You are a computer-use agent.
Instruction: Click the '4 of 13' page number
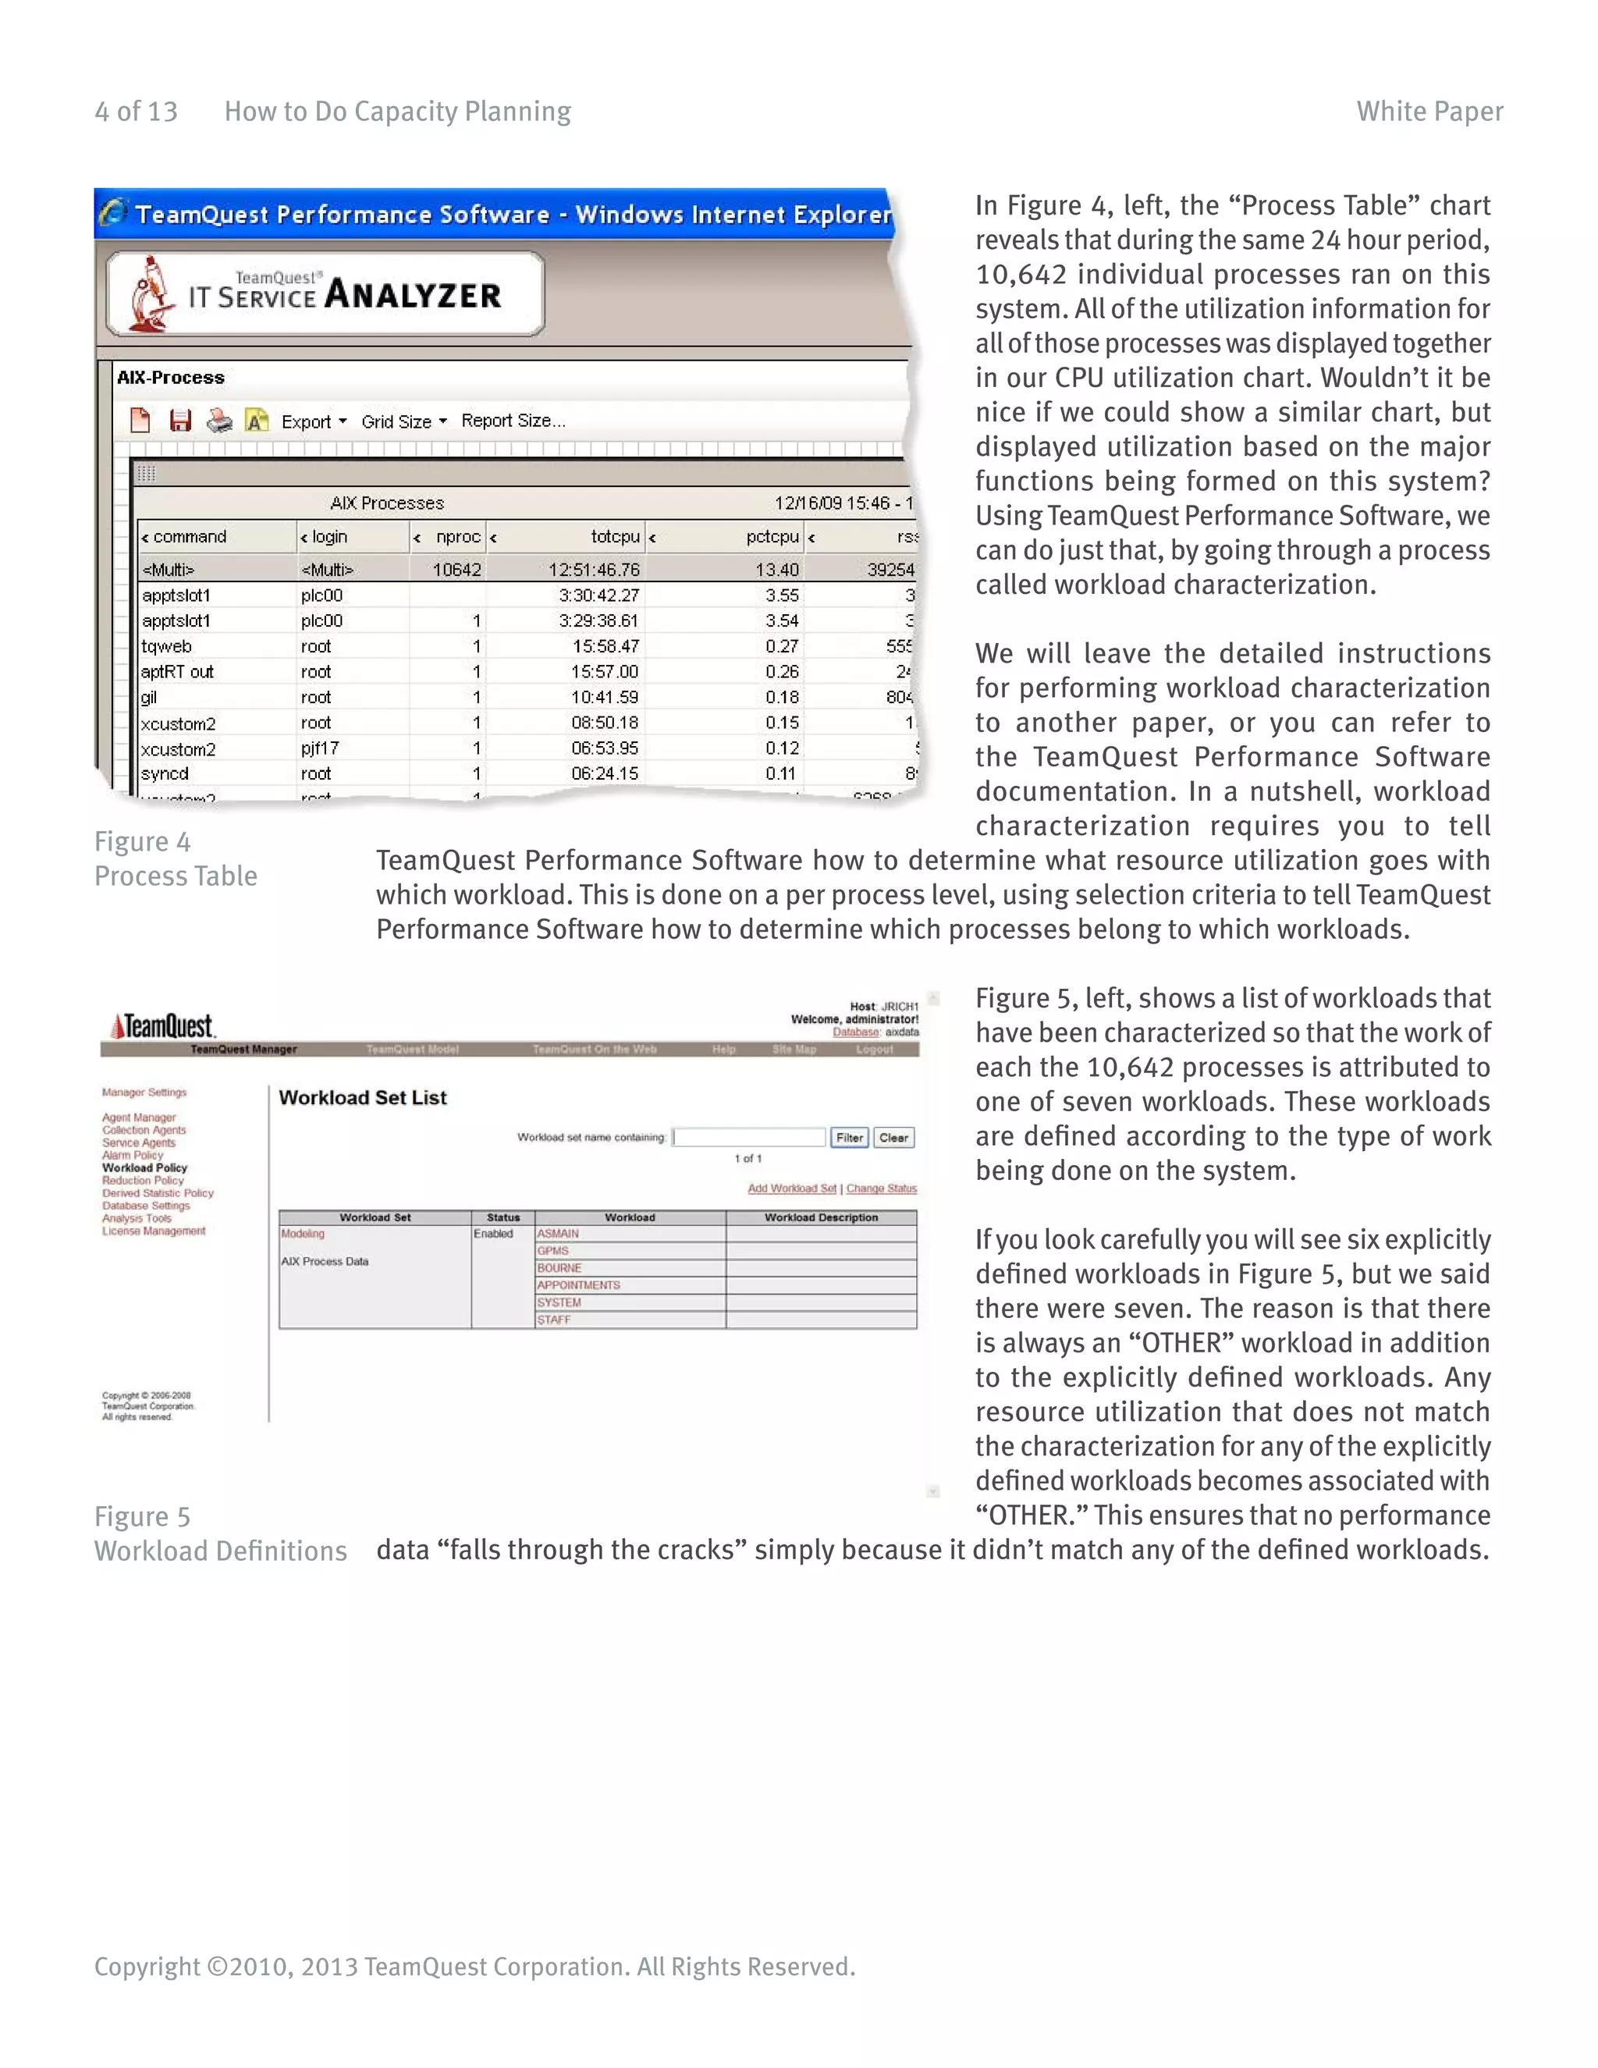pos(137,112)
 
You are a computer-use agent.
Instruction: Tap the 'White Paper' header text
pos(1429,112)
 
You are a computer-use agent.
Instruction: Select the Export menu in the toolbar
pos(312,422)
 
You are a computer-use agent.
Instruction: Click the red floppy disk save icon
pos(180,421)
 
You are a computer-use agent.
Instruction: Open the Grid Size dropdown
pos(403,422)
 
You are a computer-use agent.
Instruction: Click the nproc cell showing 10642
pos(456,570)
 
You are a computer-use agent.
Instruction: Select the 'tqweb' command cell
pos(167,647)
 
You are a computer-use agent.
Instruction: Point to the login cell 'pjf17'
pos(320,748)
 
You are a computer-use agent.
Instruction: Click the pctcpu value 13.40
pos(776,570)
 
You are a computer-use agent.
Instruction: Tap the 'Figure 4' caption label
pos(143,842)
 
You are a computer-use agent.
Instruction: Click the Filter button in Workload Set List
pos(849,1138)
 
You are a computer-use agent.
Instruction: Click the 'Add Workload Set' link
pos(791,1189)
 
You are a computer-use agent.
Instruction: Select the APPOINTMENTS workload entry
pos(578,1285)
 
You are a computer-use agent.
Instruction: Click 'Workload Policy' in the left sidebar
pos(145,1167)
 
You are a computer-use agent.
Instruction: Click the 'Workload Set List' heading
pos(363,1097)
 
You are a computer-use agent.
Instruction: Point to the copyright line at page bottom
pos(474,1967)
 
